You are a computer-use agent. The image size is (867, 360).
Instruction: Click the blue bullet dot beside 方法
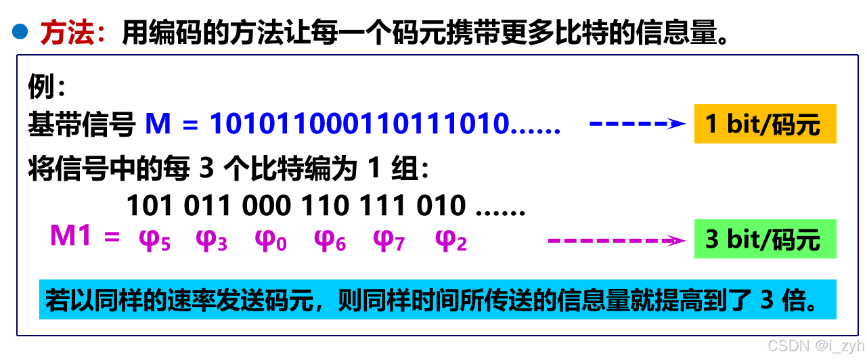(20, 31)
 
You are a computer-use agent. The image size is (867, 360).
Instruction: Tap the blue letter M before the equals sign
(158, 124)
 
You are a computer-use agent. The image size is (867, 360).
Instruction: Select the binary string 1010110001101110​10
(359, 124)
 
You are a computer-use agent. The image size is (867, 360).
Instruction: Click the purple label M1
(70, 236)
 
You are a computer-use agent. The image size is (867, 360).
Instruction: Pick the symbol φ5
(154, 240)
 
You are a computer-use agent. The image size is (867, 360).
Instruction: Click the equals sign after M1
(112, 238)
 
